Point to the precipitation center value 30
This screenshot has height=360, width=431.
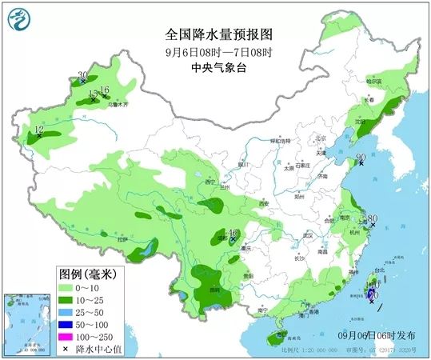[82, 76]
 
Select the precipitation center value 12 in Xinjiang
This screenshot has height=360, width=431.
[38, 130]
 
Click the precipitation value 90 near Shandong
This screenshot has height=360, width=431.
[361, 158]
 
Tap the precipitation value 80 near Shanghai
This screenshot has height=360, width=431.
[372, 218]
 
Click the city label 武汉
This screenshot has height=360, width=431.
[307, 235]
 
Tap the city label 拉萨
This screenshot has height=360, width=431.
[122, 239]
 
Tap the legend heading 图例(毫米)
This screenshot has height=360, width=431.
[86, 274]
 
